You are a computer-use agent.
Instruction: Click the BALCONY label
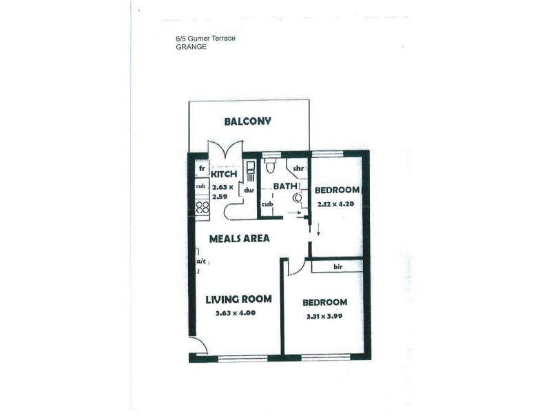point(247,121)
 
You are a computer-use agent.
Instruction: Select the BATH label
point(284,186)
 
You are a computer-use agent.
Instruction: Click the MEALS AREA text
point(240,238)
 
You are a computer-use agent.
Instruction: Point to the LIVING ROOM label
point(238,299)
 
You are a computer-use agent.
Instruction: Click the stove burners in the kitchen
point(202,206)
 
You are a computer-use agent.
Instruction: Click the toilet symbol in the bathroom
point(271,166)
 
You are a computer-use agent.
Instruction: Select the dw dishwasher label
point(249,190)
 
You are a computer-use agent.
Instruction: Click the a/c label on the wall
point(202,262)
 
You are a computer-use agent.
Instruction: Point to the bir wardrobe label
point(337,266)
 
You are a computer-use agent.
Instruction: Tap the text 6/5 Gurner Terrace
point(206,39)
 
